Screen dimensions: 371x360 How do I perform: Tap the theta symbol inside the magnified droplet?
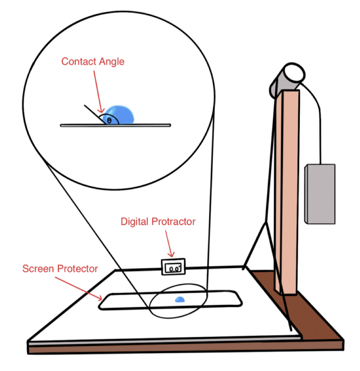point(109,121)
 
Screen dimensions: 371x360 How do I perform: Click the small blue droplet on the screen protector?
point(180,299)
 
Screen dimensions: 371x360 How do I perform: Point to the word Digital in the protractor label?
point(134,222)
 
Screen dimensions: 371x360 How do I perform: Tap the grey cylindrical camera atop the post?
point(286,80)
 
